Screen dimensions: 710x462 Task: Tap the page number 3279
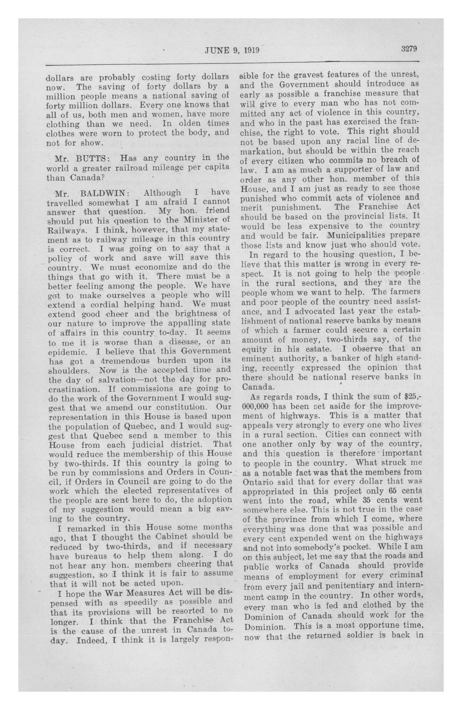(x=409, y=49)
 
